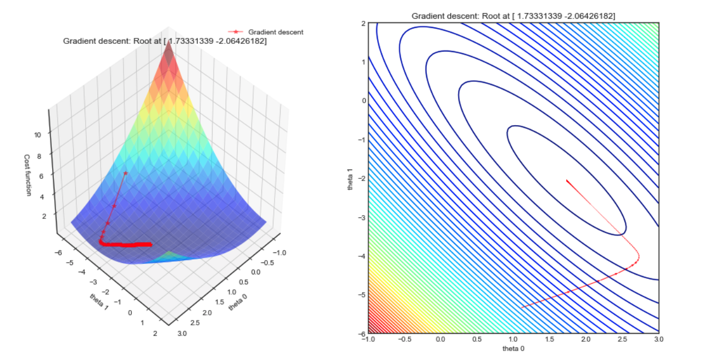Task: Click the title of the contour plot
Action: point(513,16)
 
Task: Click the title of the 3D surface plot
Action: point(165,41)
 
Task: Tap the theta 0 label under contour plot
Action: point(513,348)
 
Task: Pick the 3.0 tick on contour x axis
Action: point(658,340)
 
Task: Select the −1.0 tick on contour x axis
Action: point(367,340)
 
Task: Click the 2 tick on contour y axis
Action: point(362,23)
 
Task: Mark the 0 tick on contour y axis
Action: point(362,100)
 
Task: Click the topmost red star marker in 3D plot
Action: point(125,173)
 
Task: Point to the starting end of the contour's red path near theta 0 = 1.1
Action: point(521,307)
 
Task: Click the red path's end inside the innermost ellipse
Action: point(566,179)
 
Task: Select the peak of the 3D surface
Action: point(169,43)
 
